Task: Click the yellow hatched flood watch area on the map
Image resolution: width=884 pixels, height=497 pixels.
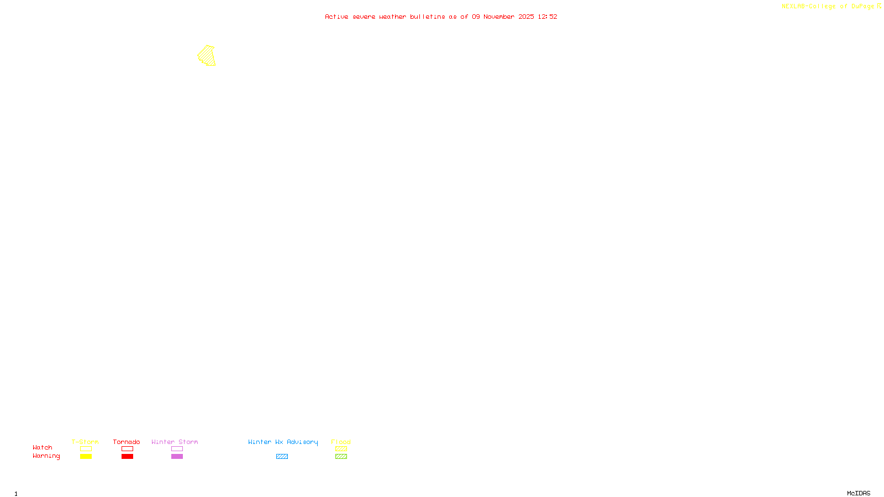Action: coord(207,55)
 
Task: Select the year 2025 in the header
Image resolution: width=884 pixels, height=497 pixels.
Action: coord(526,17)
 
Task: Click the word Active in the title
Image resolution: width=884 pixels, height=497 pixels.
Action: coord(336,17)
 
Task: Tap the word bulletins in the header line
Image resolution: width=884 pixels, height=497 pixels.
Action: coord(428,17)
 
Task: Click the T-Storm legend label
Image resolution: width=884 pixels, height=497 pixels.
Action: coord(85,442)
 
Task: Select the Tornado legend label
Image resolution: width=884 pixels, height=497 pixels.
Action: coord(127,442)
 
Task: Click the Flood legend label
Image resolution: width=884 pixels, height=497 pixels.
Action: coord(341,442)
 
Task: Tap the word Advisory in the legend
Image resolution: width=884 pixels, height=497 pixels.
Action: coord(302,442)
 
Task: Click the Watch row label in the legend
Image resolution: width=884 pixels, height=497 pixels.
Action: coord(43,447)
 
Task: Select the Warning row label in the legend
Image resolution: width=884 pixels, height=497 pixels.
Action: coord(46,456)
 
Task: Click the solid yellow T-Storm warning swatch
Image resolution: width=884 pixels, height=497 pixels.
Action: coord(86,457)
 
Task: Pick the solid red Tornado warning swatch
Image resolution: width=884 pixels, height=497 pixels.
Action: coord(127,457)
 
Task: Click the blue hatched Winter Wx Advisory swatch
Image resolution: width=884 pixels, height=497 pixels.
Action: coord(282,457)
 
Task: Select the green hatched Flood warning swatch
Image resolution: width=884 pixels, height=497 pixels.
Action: coord(341,457)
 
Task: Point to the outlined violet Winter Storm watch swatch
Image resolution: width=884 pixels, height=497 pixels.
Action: coord(177,449)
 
